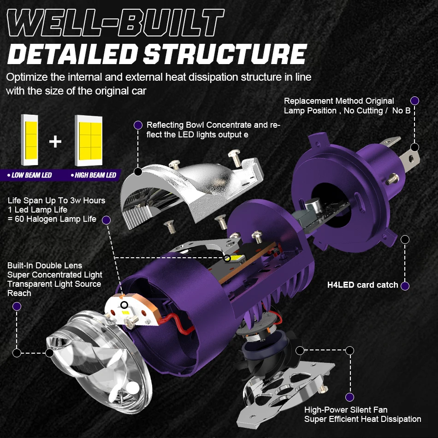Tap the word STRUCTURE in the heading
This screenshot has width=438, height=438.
coord(225,54)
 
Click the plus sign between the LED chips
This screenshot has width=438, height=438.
coord(55,141)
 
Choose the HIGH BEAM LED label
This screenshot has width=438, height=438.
coord(93,175)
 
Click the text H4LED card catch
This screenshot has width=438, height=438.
coord(362,285)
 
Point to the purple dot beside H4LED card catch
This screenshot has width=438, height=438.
coord(405,286)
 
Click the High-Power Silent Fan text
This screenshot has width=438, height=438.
coord(346,410)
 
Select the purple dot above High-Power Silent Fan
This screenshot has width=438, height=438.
coord(349,397)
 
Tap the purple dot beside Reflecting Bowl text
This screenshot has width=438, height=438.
coord(137,125)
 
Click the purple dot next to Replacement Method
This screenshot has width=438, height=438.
coord(414,101)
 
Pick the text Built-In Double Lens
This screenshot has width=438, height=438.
coord(45,266)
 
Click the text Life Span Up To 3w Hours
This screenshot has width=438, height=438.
coord(56,201)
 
